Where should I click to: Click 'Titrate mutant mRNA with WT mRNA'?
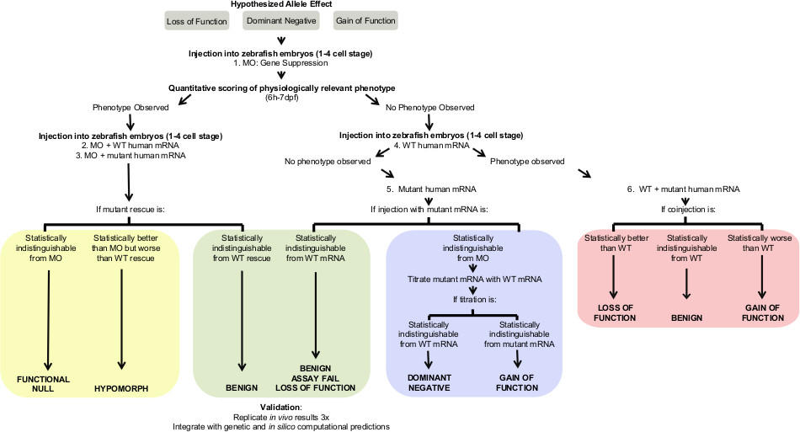[x=477, y=277]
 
